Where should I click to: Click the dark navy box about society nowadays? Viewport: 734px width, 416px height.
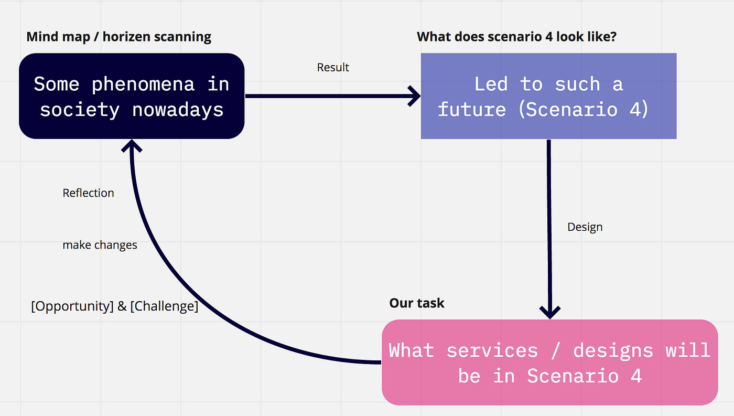tap(132, 96)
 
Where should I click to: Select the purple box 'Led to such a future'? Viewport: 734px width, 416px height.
tap(548, 96)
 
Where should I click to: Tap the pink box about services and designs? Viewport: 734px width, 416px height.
tap(549, 362)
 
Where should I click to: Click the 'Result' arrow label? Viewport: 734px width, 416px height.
tap(333, 68)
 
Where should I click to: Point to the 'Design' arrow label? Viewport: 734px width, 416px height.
tap(585, 227)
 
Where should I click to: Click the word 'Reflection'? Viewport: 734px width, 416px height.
tap(88, 193)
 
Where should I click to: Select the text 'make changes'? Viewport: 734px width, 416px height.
tap(100, 245)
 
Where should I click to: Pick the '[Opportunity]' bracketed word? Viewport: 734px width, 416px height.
tap(72, 306)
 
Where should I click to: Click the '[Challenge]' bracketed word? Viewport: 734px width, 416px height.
tap(164, 306)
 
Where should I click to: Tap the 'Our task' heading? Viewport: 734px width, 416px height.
tap(417, 303)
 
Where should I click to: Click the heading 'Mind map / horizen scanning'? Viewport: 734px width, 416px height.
tap(119, 37)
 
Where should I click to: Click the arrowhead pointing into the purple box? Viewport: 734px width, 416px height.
tap(415, 96)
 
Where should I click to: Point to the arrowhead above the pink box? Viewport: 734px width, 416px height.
tap(550, 312)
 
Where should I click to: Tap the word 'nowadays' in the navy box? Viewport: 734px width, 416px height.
tap(178, 110)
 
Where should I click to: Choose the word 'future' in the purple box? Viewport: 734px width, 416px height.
tap(472, 110)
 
